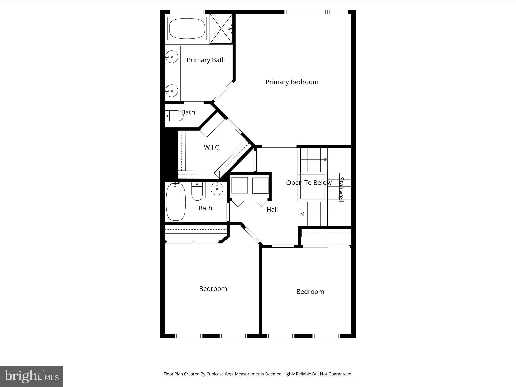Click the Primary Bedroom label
point(292,82)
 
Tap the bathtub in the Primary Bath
point(187,28)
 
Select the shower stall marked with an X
point(221,29)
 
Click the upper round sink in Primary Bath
point(172,57)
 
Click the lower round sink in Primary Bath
point(172,91)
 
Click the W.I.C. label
point(212,147)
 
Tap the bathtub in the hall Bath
point(176,202)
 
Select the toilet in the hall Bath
point(197,191)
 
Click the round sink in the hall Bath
point(217,189)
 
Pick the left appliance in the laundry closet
point(239,185)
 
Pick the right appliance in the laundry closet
point(260,186)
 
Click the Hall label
point(272,210)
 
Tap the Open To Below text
point(309,183)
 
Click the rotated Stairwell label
point(341,190)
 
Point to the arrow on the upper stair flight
point(325,160)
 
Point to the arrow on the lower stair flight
point(302,214)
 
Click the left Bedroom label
point(213,289)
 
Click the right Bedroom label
point(310,292)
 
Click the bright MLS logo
point(31,376)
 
